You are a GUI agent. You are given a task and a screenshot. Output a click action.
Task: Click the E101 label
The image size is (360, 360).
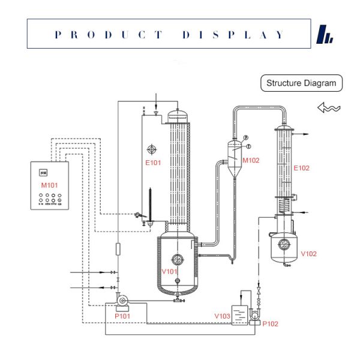152,161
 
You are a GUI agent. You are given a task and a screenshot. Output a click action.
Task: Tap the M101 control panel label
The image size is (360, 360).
49,185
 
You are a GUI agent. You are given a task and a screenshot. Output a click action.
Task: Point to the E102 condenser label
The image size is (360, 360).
301,168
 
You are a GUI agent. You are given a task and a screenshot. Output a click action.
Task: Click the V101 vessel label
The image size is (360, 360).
170,271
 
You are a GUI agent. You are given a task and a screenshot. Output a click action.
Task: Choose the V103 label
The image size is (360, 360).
222,316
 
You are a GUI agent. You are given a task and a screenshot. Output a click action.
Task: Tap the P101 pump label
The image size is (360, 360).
122,316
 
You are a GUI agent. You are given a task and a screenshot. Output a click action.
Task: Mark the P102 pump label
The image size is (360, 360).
271,324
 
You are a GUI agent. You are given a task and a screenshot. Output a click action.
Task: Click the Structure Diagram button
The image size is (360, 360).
301,83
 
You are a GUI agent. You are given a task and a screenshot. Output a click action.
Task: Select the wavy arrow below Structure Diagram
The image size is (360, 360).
329,108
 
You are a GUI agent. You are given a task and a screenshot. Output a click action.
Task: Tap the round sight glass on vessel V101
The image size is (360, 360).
177,259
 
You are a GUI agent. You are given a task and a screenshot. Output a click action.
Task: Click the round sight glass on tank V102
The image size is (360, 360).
284,244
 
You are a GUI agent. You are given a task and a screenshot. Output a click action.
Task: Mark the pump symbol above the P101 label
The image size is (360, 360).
121,299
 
